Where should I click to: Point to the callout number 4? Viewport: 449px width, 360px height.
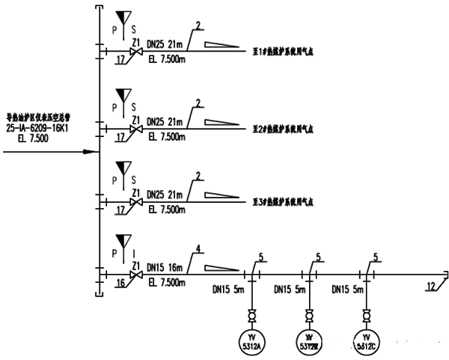pyautogui.click(x=198, y=249)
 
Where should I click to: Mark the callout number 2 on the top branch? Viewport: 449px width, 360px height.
pyautogui.click(x=198, y=26)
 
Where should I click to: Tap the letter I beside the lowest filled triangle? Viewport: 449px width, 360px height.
pyautogui.click(x=135, y=255)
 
